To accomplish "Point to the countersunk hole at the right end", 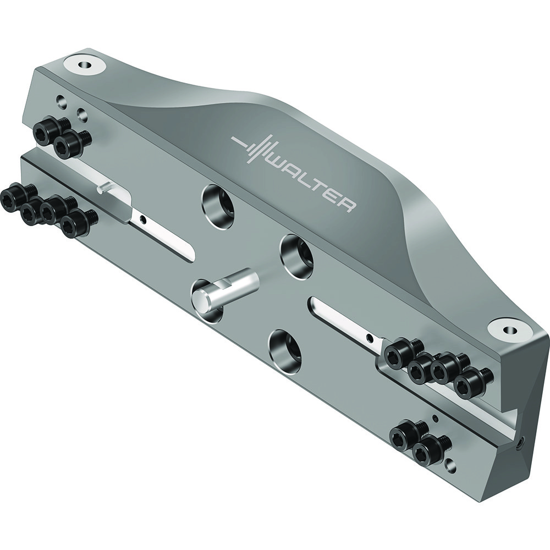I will pos(510,330).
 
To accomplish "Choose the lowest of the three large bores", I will pos(285,349).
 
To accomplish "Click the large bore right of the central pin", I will pos(297,254).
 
